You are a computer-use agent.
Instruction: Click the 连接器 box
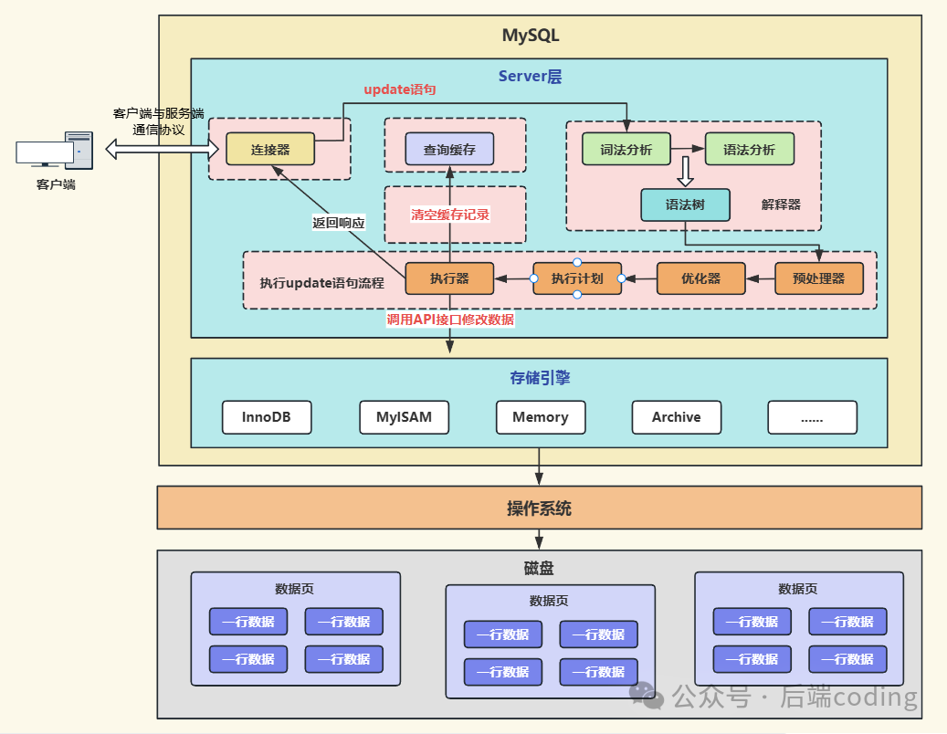click(269, 150)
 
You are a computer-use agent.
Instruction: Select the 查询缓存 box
click(449, 149)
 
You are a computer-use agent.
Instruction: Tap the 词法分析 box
click(626, 150)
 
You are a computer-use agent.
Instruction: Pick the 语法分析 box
click(749, 150)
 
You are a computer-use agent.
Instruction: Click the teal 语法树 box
click(685, 205)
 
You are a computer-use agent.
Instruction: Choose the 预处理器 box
click(819, 278)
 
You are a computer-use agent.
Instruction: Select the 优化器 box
click(700, 278)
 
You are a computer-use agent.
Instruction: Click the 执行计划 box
click(577, 278)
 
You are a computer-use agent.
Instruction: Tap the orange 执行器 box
click(449, 278)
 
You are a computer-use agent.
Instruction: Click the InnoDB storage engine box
click(267, 417)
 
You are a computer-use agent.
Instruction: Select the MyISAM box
click(404, 417)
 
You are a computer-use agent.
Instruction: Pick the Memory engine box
click(540, 417)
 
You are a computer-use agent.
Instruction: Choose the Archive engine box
click(676, 417)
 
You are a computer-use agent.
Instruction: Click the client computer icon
click(56, 151)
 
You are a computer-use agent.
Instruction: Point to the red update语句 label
click(400, 89)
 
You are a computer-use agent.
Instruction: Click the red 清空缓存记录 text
click(450, 215)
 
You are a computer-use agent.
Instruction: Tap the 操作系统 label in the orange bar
click(539, 509)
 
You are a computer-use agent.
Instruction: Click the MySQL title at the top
click(531, 37)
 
